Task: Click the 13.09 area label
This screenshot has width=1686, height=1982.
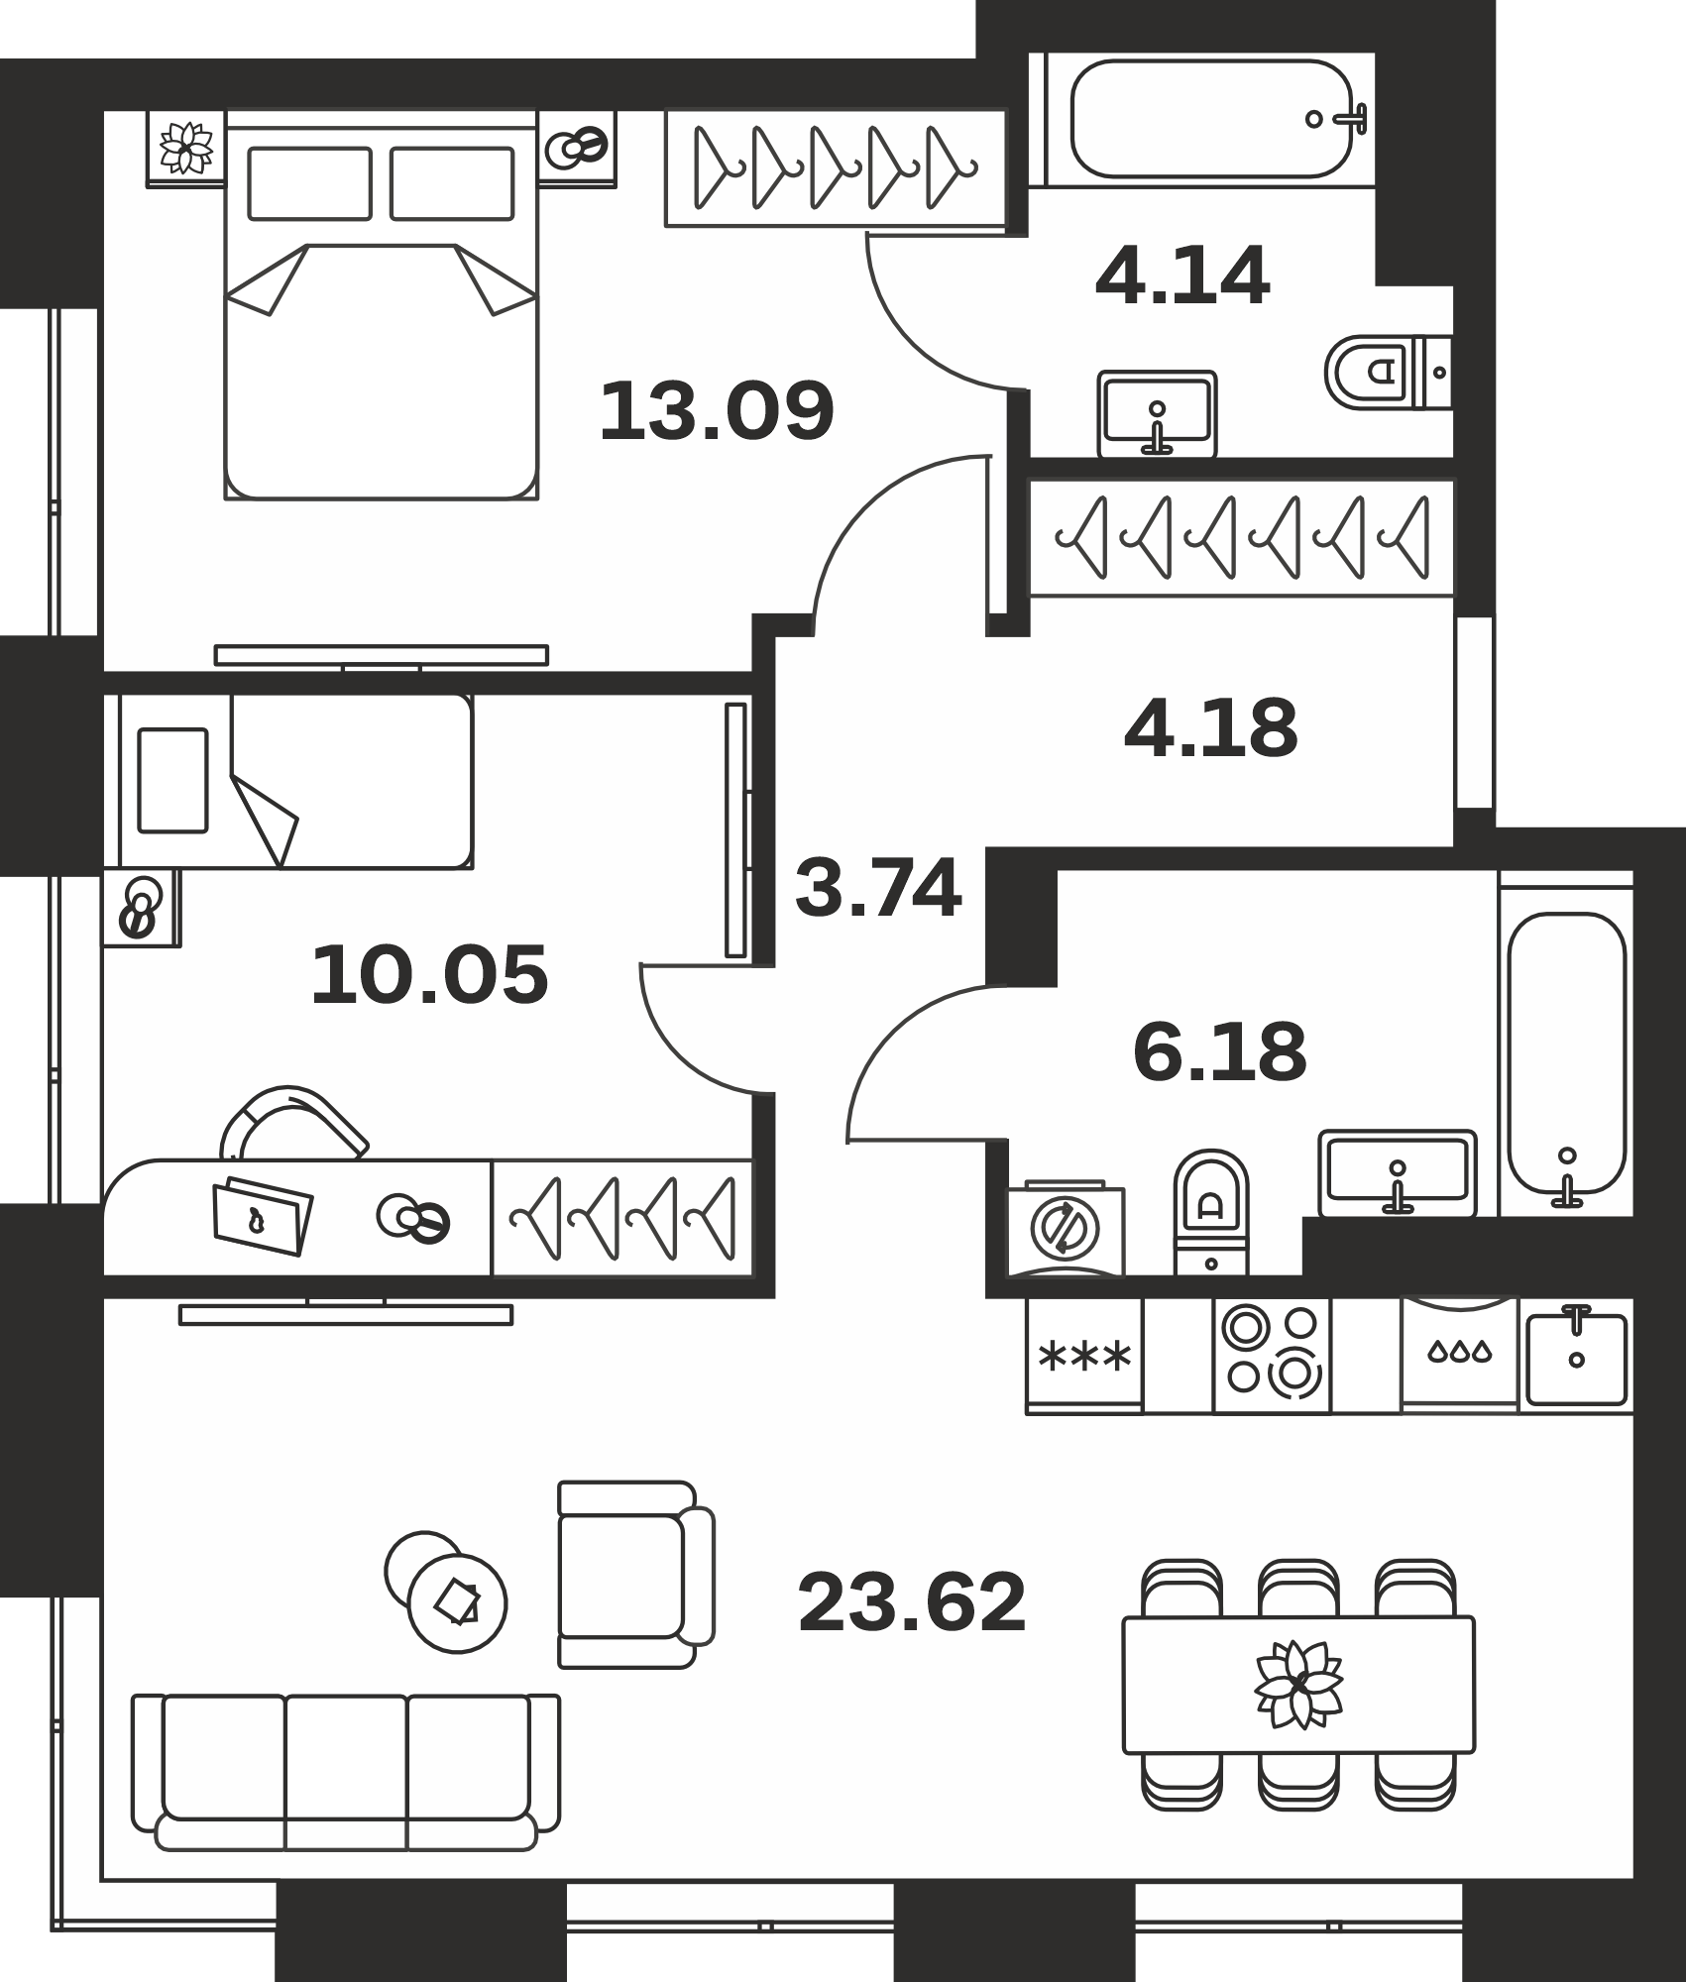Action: pos(717,410)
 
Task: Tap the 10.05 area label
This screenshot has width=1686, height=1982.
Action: pos(429,975)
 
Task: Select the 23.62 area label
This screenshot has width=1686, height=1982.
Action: pos(912,1602)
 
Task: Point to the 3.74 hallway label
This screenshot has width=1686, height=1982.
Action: pos(878,888)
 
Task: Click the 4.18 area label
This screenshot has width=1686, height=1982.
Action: pos(1211,728)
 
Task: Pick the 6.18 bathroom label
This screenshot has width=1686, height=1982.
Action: pos(1220,1051)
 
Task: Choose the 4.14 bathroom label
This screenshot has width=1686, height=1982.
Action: pos(1182,276)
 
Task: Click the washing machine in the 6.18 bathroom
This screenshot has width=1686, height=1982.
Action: pos(1067,1228)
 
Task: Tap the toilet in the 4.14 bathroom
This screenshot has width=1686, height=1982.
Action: pos(1388,373)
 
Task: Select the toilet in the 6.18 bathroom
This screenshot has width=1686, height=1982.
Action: pos(1211,1212)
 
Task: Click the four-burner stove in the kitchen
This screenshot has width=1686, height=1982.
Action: pos(1273,1354)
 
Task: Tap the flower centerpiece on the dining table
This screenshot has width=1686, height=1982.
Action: pos(1298,1684)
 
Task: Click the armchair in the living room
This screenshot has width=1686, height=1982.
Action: pos(635,1575)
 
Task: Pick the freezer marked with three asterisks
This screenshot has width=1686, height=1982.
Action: pos(1084,1355)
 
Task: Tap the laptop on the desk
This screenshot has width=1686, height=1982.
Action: pos(263,1216)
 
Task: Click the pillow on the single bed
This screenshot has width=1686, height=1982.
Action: pos(172,781)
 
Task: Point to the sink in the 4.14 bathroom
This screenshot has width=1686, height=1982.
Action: pos(1158,413)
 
